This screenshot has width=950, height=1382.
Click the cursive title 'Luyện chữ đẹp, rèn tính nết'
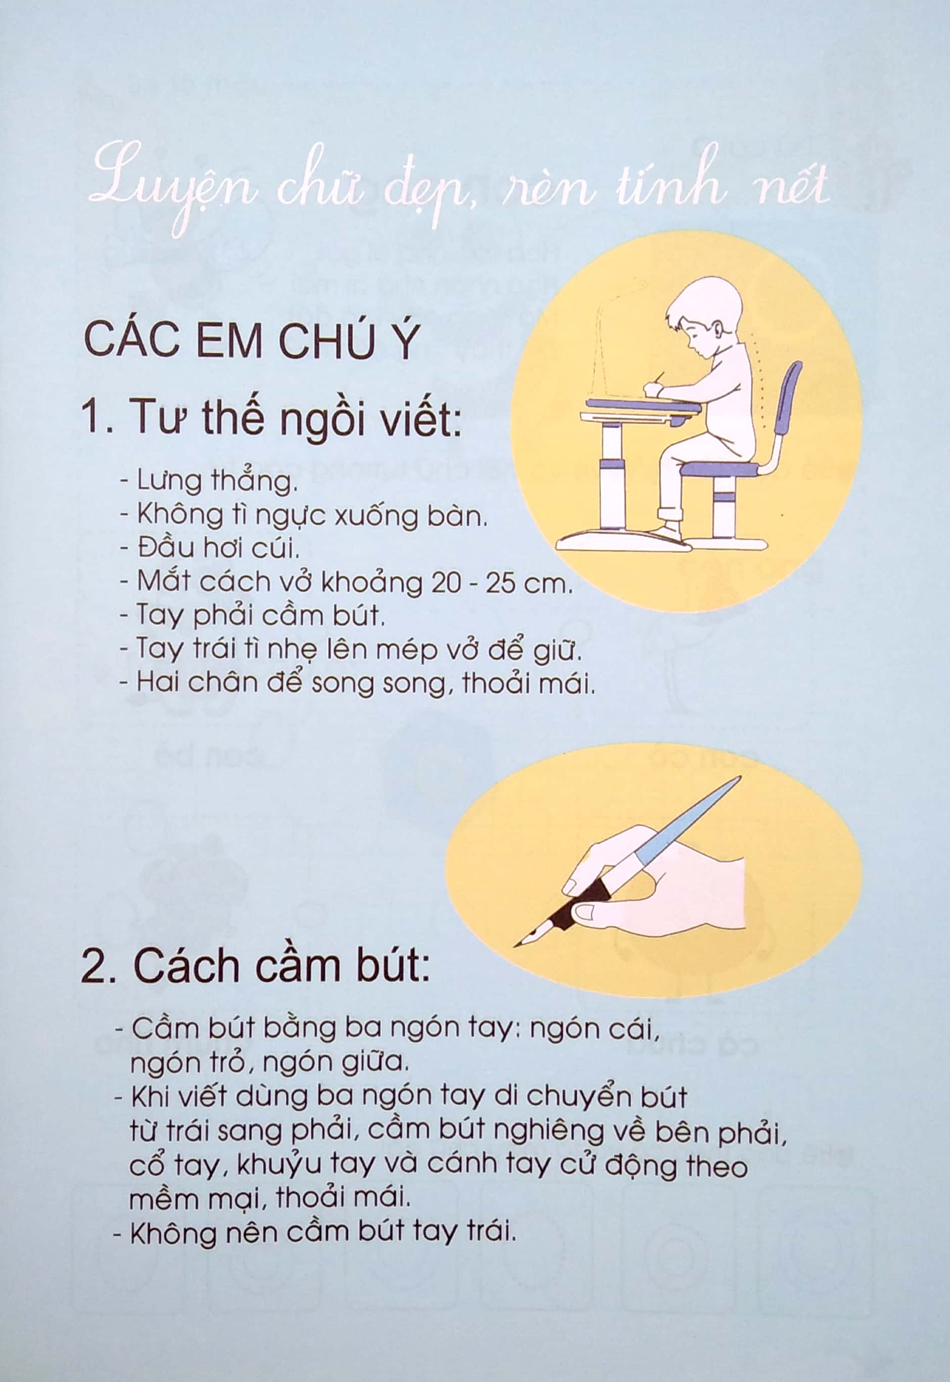click(458, 184)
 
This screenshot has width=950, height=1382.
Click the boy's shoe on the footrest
click(670, 529)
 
